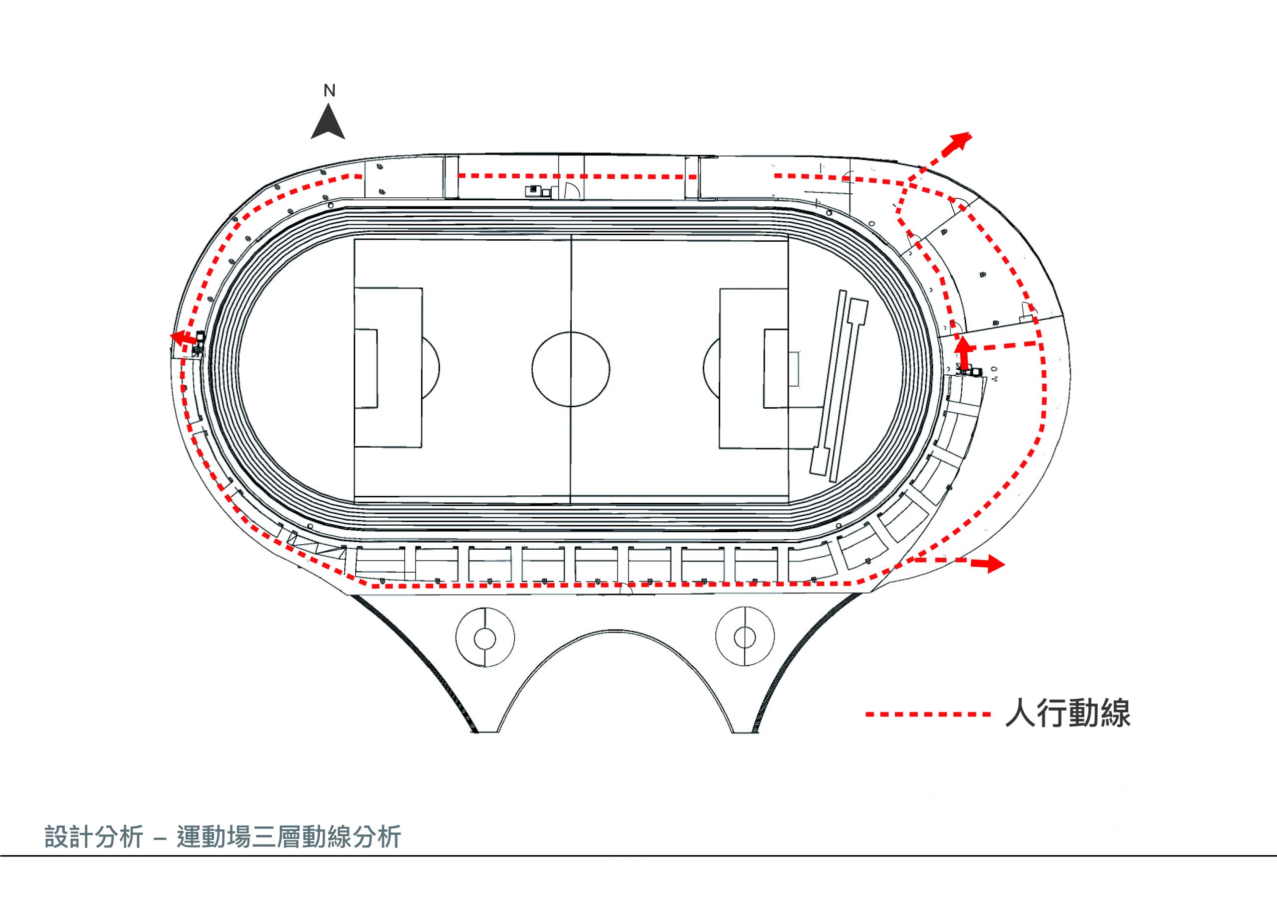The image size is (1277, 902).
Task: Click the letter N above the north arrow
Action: point(330,91)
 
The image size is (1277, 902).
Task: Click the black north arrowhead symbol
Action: point(328,124)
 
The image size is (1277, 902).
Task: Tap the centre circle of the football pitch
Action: point(571,370)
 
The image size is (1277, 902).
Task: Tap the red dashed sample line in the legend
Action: point(928,715)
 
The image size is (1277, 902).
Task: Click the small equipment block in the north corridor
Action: point(537,191)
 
